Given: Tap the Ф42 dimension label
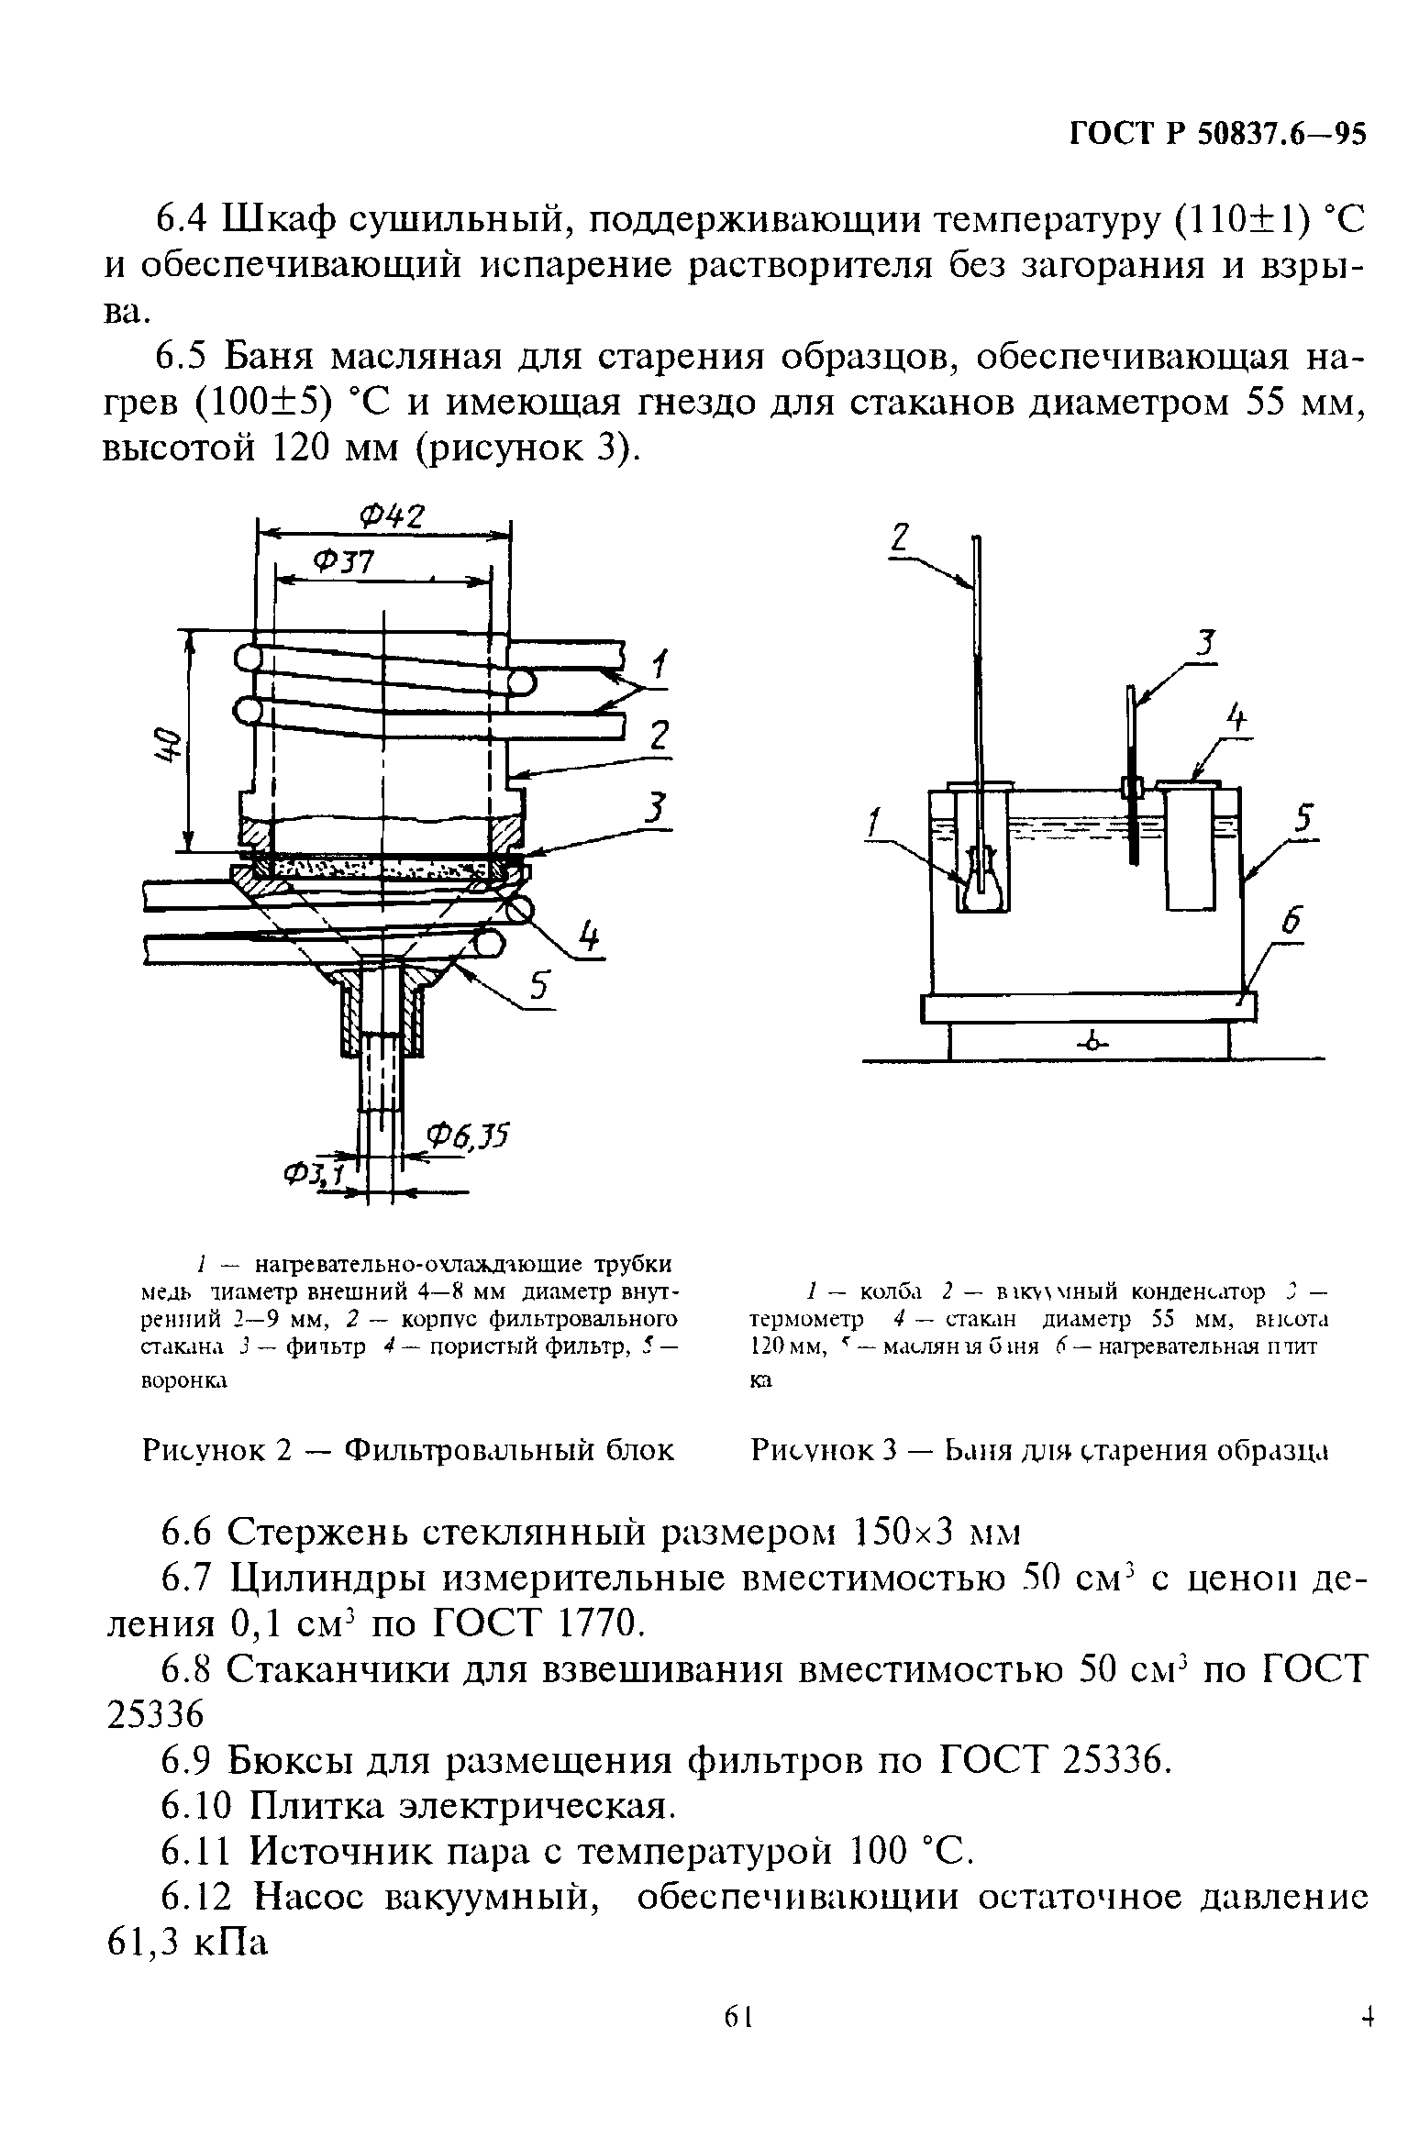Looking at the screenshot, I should [392, 517].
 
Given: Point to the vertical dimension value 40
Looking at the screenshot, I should [166, 743].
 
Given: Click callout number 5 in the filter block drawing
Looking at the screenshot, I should [539, 988].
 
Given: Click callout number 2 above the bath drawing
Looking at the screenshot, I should [900, 536].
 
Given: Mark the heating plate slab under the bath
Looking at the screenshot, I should [1087, 1008].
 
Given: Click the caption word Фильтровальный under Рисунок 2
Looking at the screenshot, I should [508, 1450].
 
